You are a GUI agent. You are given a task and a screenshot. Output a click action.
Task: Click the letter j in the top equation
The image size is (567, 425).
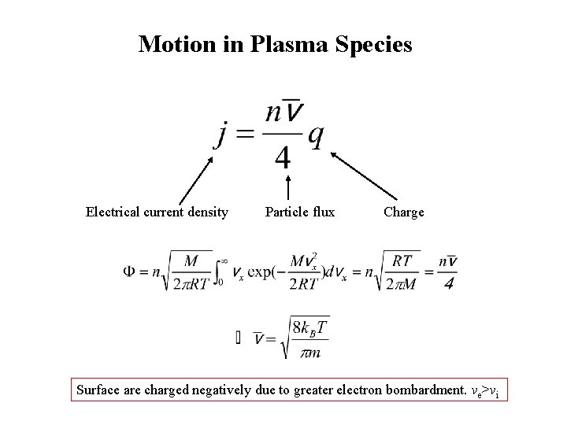click(x=222, y=135)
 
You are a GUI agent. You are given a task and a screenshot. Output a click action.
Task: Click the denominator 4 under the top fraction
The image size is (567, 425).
click(x=282, y=158)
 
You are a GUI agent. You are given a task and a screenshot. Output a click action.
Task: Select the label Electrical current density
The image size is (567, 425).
click(x=157, y=212)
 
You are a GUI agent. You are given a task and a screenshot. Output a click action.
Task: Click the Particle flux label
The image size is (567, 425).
click(x=299, y=212)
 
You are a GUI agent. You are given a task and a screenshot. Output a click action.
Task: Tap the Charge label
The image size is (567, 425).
click(x=403, y=212)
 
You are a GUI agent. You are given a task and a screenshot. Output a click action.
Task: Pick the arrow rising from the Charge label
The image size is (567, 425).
click(x=363, y=175)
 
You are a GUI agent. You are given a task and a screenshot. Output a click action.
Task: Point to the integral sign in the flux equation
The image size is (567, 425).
click(x=218, y=272)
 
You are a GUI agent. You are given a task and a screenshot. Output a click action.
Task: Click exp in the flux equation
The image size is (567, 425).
click(x=261, y=272)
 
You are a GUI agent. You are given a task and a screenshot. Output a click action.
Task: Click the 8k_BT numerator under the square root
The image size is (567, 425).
click(x=310, y=325)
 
